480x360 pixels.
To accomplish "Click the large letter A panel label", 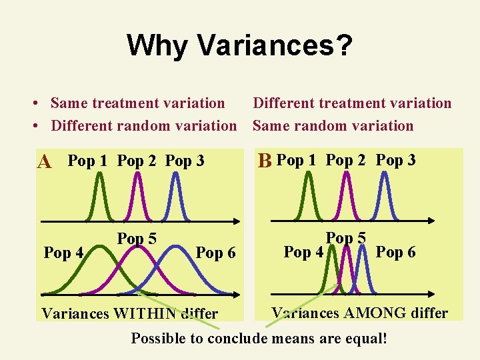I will tap(45, 162).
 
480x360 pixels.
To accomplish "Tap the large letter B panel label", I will tap(265, 161).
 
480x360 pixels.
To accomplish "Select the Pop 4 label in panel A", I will tap(63, 253).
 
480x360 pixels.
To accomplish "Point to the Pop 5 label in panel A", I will tap(137, 239).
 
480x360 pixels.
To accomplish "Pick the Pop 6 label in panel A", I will tap(216, 253).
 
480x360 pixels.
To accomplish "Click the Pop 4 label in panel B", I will tap(304, 252).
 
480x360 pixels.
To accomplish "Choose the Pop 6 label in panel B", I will tap(396, 252).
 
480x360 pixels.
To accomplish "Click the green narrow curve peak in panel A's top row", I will tap(99, 175).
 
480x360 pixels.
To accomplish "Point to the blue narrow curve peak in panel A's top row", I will tap(175, 175).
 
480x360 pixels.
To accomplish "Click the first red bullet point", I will tap(39, 103).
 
